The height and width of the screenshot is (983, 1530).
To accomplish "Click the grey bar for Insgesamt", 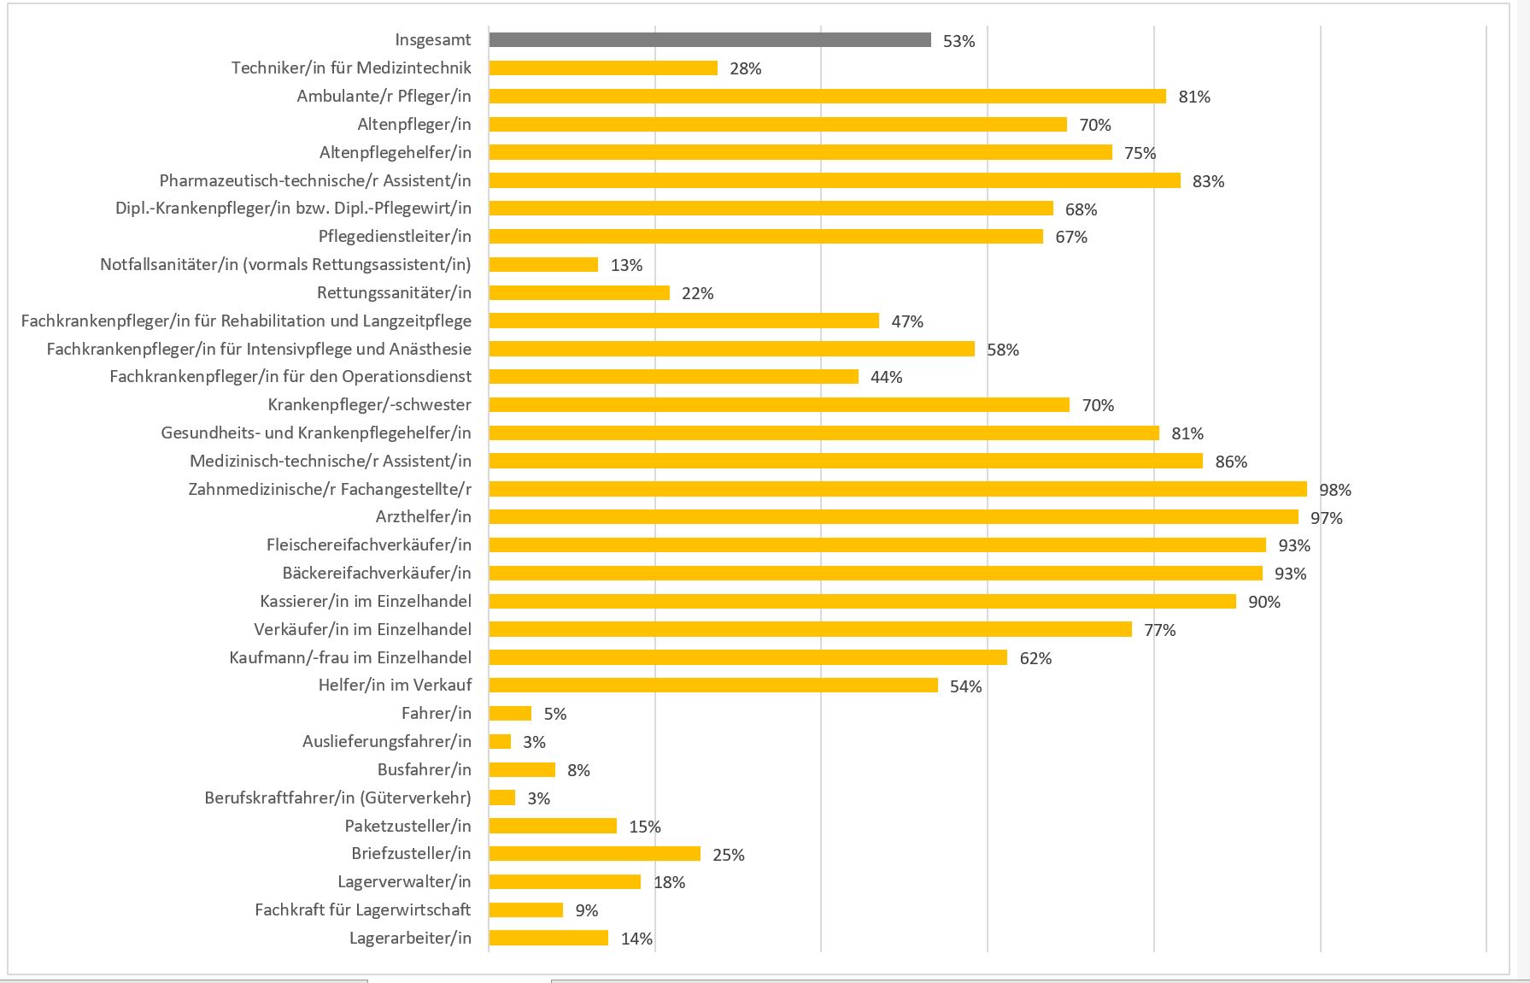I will pos(709,40).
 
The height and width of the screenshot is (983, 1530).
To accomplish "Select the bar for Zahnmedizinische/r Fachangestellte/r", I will pos(897,489).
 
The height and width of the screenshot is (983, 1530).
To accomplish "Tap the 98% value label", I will pos(1335,490).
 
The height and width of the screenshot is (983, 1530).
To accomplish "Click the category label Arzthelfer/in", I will pos(423,517).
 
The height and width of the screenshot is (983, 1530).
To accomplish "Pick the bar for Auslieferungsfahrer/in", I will pos(500,742).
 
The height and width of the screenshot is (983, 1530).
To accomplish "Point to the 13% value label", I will pos(626,265).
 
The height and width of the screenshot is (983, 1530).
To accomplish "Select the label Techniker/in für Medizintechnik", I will pos(351,68).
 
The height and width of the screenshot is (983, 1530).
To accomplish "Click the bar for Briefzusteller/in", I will pos(595,854).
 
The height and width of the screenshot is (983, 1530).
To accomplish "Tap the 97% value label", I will pos(1327,518).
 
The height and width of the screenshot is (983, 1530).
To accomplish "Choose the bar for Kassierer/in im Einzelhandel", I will pos(862,602).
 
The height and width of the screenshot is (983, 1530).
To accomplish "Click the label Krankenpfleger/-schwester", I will pos(369,405).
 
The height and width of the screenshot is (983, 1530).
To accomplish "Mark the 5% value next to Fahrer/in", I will pos(555,714).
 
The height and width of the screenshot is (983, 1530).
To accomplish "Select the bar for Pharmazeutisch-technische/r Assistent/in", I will pos(835,180).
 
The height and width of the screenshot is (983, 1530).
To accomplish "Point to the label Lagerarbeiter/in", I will pos(410,939).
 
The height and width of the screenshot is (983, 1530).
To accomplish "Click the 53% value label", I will pos(958,41).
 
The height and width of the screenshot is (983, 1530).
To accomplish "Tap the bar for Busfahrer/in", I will pos(522,770).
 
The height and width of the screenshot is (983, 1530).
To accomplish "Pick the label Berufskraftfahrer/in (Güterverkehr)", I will pos(337,798).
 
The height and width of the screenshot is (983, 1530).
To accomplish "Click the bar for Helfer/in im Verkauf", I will pos(713,686).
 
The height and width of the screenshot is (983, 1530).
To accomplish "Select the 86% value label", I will pos(1231,462).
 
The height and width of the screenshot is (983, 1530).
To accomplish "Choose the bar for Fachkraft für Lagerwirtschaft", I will pos(525,910).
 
